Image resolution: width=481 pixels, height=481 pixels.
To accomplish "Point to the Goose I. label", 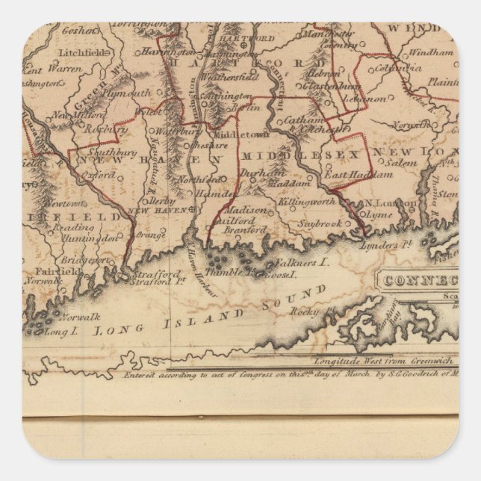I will [x=279, y=275].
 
